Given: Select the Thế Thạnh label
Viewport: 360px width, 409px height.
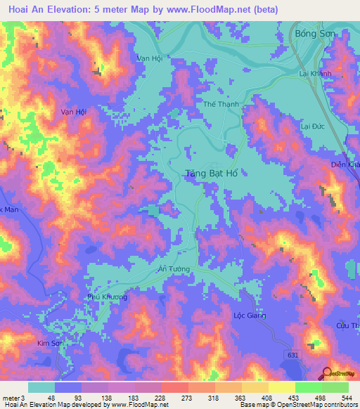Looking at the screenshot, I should (221, 103).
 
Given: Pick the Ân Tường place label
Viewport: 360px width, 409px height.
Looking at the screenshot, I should (173, 269).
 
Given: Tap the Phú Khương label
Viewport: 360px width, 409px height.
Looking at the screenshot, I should (107, 297).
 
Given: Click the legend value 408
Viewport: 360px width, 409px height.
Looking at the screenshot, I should (266, 398).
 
